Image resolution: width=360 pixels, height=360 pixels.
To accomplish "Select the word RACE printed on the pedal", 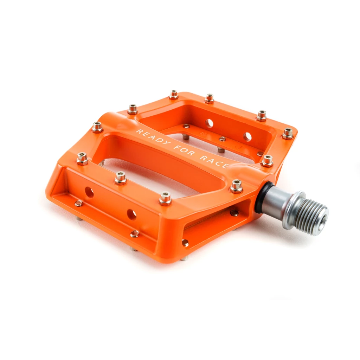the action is coord(214,162).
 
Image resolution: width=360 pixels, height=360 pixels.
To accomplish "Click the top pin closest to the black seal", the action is coord(237,186).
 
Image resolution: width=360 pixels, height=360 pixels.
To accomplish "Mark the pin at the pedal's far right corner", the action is coord(288,134).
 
